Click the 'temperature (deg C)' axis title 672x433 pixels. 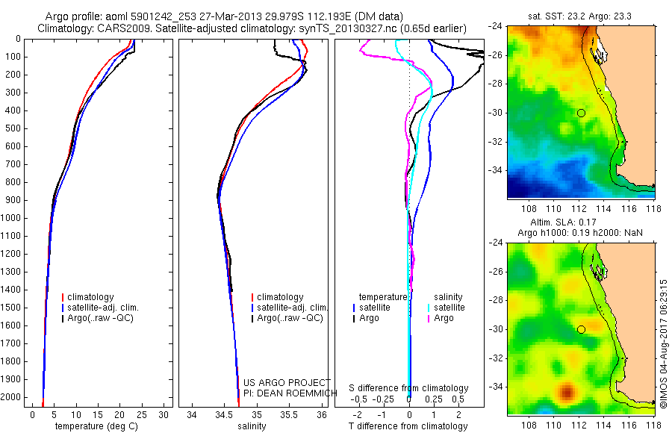(x=98, y=426)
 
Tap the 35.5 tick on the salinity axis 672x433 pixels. (x=289, y=414)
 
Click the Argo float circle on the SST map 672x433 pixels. (x=581, y=113)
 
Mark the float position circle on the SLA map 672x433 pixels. (x=581, y=329)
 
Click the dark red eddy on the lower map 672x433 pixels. (x=567, y=390)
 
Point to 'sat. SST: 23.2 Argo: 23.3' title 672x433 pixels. (x=580, y=14)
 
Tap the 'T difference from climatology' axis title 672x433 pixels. (x=409, y=426)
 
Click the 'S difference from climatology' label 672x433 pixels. (x=409, y=388)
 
